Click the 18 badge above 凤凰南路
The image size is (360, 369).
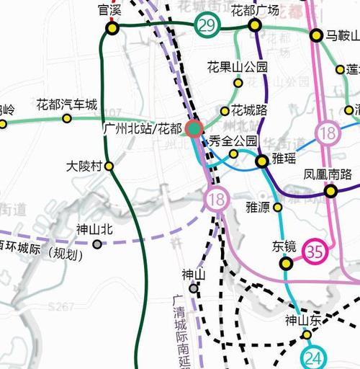point(329,133)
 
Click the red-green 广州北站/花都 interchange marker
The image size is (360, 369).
point(194,129)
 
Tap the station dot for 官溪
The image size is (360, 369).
point(112,28)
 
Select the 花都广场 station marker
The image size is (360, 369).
point(254,25)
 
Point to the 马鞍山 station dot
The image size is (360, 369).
point(315,35)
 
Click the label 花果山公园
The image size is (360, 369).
point(237,67)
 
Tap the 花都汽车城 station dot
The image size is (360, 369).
point(67,118)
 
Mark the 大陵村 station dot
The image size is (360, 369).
point(109,166)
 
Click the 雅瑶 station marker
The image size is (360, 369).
point(262,161)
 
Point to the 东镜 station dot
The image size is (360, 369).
point(287,264)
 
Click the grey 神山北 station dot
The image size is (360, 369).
point(97,244)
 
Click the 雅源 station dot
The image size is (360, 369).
point(277,208)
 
